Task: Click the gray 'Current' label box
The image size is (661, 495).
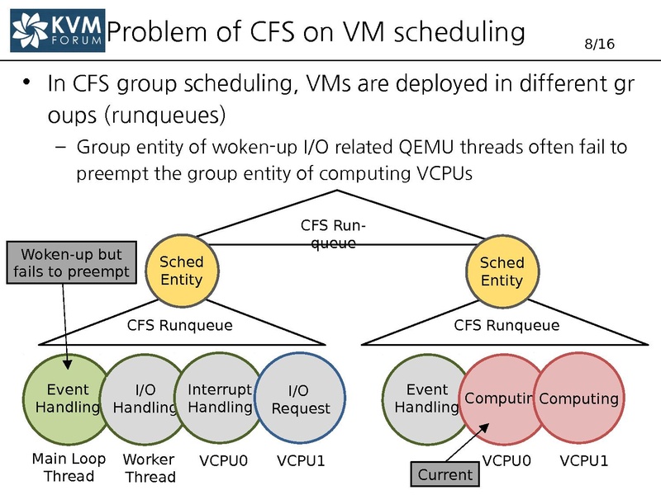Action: (x=445, y=474)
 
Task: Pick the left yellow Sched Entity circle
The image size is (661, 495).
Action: (x=182, y=271)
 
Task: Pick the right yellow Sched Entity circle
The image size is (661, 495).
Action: (x=502, y=271)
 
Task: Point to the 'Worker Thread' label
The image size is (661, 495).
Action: (x=149, y=469)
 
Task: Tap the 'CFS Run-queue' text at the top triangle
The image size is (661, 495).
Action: (x=332, y=233)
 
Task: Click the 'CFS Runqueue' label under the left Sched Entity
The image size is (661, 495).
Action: (x=179, y=325)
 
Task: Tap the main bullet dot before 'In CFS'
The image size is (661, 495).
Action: (x=27, y=83)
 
